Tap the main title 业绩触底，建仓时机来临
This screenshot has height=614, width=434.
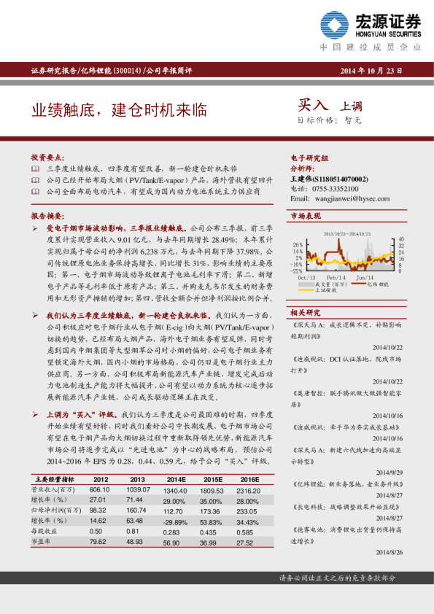pos(118,111)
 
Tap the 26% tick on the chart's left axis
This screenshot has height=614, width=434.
pos(298,245)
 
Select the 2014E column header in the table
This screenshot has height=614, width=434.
pos(174,479)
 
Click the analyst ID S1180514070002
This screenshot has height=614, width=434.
pos(340,179)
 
